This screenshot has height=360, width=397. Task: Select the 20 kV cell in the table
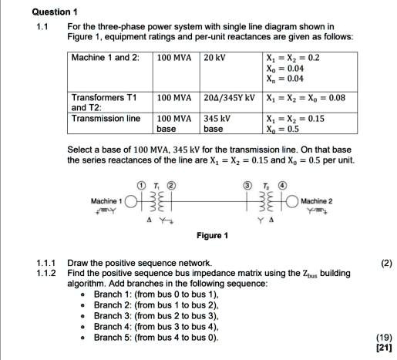point(215,59)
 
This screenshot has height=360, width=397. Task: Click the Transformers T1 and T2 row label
point(103,104)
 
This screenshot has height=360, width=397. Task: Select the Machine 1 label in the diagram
point(107,200)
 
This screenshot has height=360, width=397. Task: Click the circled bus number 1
point(141,185)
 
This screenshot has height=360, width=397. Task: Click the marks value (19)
point(383,337)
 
